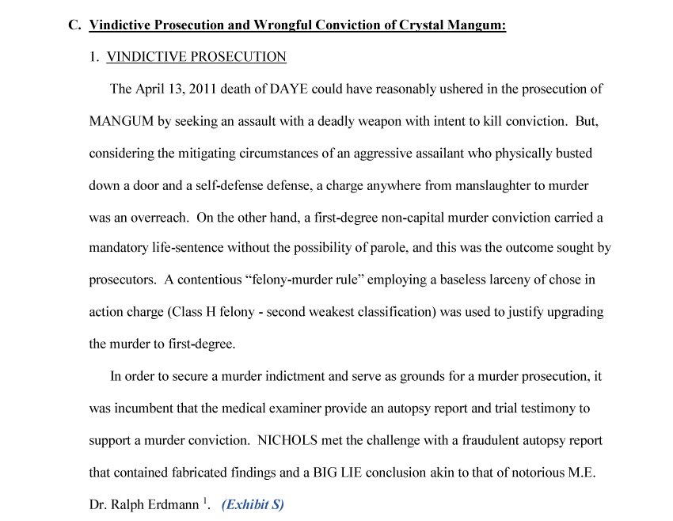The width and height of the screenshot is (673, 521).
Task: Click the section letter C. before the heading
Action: [75, 25]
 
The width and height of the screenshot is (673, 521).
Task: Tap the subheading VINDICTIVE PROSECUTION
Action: [196, 57]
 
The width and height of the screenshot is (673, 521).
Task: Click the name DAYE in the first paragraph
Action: [289, 89]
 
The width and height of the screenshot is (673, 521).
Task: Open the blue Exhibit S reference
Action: [253, 505]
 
